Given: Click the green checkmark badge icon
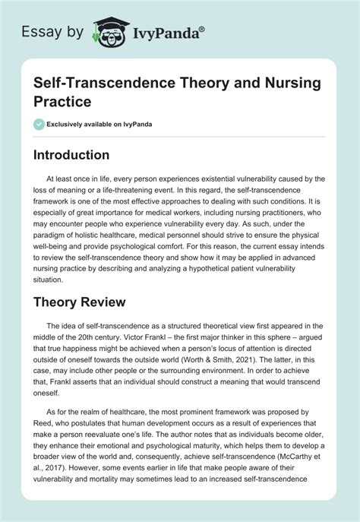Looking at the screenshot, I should point(39,124).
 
